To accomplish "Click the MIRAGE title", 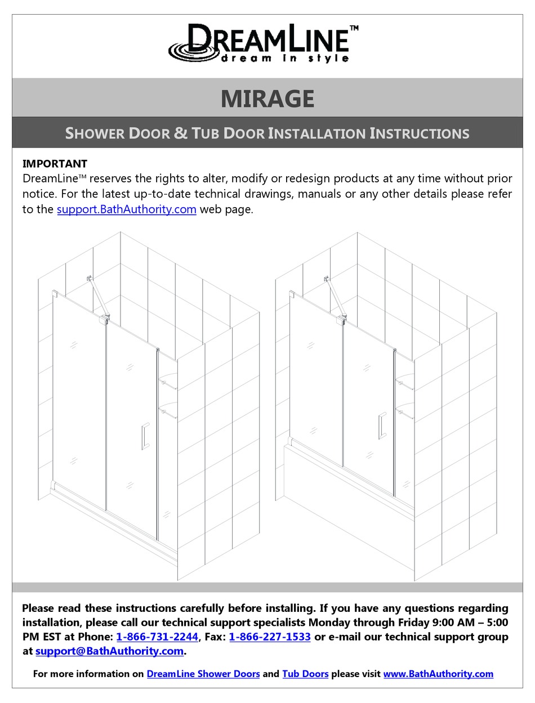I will pos(267,99).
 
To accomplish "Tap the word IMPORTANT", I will pos(55,164).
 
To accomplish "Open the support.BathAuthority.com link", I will pos(127,209).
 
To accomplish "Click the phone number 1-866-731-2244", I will pos(157,637).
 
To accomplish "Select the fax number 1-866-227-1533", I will pos(270,637).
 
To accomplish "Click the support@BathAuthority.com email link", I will pos(110,651).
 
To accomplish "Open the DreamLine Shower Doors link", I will pos(203,674).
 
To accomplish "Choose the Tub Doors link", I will pos(305,674).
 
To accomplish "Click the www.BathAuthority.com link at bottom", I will pos(438,674).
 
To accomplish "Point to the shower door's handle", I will pos(145,436).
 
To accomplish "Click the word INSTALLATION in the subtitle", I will pos(316,133).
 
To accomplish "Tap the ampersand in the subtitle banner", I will pos(180,133).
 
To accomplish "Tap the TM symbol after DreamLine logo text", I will pos(354,28).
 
